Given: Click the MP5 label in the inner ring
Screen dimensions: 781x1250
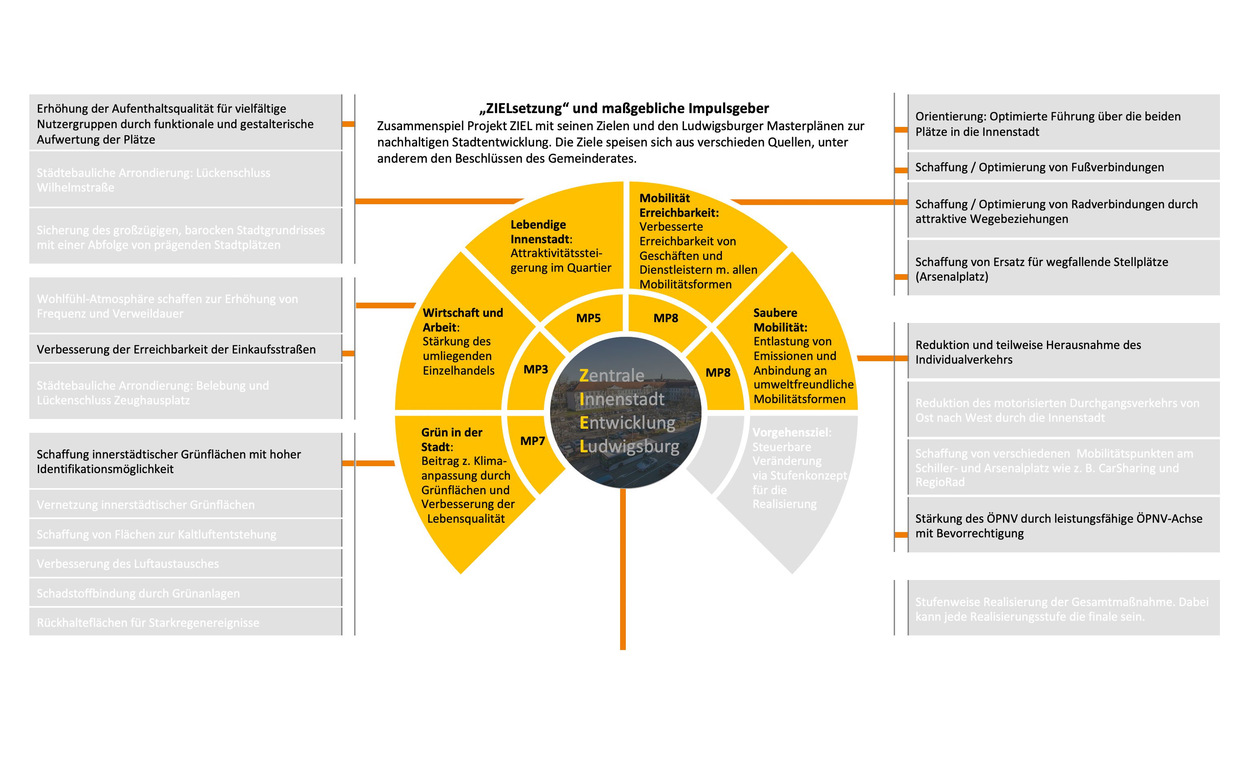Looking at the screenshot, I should click(x=588, y=318).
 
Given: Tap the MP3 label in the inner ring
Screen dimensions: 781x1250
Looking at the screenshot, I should click(x=535, y=369).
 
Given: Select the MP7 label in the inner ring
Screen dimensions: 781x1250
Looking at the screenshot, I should click(x=533, y=441).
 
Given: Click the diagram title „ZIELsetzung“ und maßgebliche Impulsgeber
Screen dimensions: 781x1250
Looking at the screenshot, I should click(x=624, y=109).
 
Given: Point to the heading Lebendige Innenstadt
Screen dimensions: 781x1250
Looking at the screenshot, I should click(x=538, y=232).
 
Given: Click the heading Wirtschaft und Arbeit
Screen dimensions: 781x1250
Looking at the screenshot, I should click(x=462, y=320).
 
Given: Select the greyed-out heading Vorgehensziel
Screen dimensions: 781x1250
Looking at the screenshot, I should click(x=791, y=432).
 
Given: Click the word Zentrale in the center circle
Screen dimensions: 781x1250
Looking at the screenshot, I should click(x=612, y=375).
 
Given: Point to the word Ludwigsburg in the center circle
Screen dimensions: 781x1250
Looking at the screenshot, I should click(x=629, y=446).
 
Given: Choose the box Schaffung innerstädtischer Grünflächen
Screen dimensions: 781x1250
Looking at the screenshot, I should click(x=185, y=462).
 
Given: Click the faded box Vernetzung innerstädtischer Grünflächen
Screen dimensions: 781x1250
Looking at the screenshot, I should click(x=185, y=505).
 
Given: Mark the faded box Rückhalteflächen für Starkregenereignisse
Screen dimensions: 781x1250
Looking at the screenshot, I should click(x=185, y=622).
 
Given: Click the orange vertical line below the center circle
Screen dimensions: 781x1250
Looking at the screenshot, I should click(x=623, y=568).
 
